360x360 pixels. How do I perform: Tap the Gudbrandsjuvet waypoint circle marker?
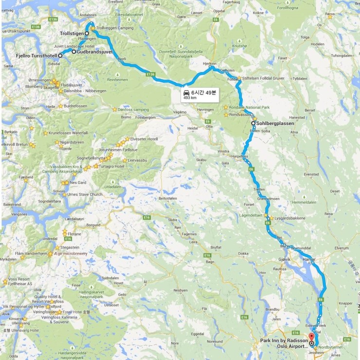74,51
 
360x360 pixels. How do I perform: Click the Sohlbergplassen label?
275,124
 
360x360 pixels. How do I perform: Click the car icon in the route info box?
186,92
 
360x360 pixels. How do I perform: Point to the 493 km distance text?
190,98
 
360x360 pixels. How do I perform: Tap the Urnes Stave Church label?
85,195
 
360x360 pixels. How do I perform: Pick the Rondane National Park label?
249,108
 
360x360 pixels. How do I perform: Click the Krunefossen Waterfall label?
68,133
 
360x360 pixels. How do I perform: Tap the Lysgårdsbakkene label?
290,218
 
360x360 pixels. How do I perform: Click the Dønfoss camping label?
133,109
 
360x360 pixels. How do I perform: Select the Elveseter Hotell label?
144,139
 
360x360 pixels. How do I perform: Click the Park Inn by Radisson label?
284,341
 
